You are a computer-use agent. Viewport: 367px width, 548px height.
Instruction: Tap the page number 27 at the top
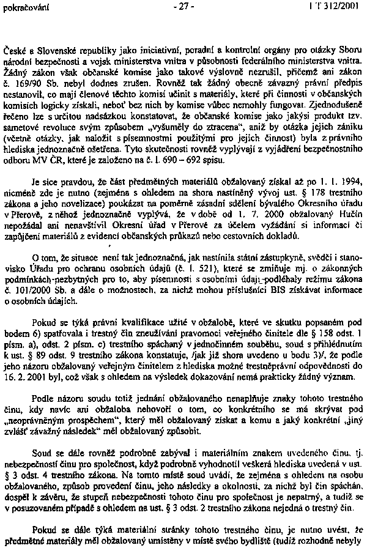click(x=183, y=7)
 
